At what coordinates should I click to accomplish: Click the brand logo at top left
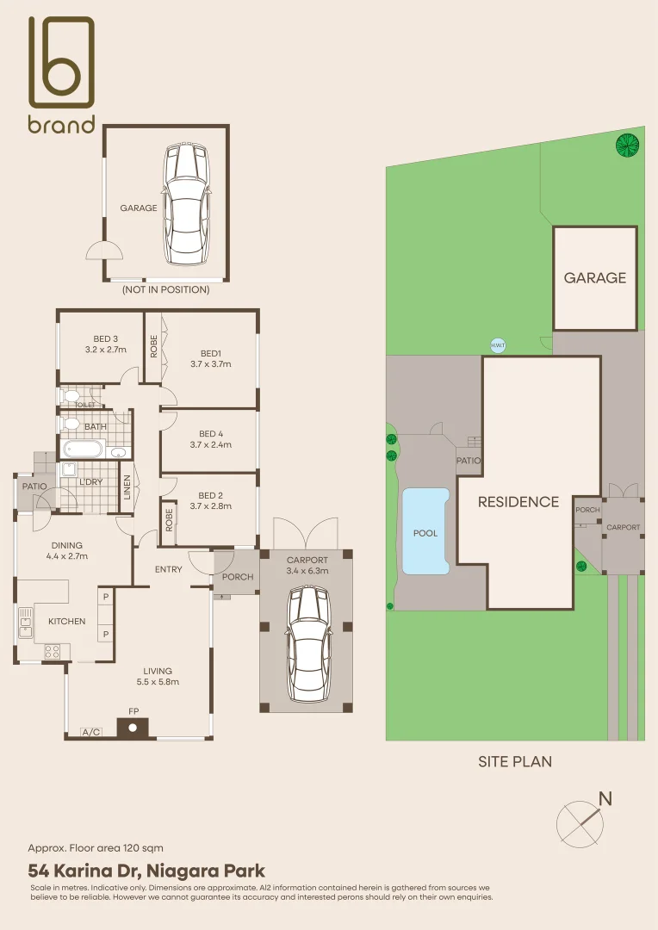click(x=62, y=74)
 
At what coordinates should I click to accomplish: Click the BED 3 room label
click(x=106, y=344)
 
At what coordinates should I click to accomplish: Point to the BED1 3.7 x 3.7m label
click(x=211, y=359)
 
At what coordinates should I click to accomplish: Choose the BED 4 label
click(x=211, y=433)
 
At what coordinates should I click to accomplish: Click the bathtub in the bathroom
click(x=83, y=449)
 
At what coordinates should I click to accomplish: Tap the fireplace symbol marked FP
click(x=133, y=727)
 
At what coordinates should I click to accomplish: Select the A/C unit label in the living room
click(x=90, y=732)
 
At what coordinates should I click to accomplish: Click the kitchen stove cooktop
click(x=52, y=651)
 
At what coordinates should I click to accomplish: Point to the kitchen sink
click(x=25, y=623)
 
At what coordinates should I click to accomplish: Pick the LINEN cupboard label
click(x=127, y=487)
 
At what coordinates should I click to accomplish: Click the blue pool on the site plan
click(x=425, y=531)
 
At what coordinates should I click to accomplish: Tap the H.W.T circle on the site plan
click(x=498, y=345)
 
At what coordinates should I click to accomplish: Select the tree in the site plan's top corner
click(x=627, y=145)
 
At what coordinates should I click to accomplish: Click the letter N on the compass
click(x=605, y=799)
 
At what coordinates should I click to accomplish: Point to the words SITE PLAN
click(x=515, y=761)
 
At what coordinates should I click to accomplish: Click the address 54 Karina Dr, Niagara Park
click(x=146, y=871)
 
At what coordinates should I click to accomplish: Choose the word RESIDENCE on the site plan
click(x=518, y=502)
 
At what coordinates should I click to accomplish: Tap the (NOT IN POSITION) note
click(x=165, y=289)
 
